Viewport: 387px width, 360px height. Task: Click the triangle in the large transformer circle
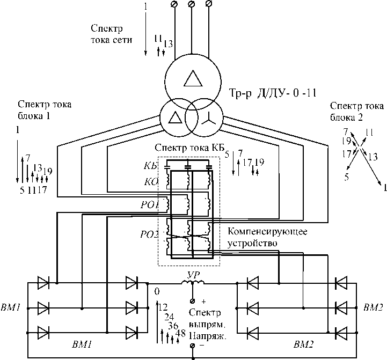[x=193, y=78]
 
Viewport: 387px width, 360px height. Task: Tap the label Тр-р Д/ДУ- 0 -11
[x=273, y=93]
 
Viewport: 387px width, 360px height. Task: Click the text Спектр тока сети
[x=111, y=34]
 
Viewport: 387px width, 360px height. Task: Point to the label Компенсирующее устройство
[x=267, y=237]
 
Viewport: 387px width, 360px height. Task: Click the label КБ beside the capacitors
[x=150, y=166]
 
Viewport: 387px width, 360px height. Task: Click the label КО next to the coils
[x=151, y=182]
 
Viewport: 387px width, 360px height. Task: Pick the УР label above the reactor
[x=193, y=275]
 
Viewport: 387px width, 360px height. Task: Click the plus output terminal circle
[x=193, y=301]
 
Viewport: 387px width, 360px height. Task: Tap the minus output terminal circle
[x=193, y=346]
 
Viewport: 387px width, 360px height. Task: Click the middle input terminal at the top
[x=191, y=4]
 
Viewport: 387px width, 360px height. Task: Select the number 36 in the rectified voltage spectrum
[x=173, y=326]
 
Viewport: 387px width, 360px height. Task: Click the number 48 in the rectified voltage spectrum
[x=180, y=333]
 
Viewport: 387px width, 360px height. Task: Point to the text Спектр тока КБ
[x=189, y=148]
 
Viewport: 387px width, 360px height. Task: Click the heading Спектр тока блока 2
[x=357, y=112]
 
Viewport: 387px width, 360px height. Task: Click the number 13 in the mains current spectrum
[x=168, y=44]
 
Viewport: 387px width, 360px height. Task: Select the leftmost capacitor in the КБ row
[x=167, y=167]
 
